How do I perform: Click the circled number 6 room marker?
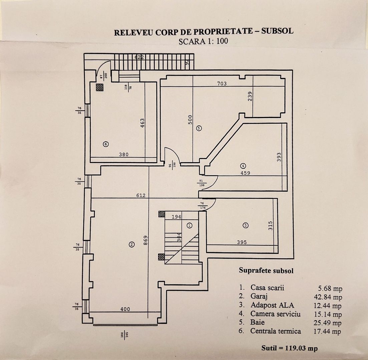click(x=105, y=144)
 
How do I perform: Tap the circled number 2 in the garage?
click(x=132, y=245)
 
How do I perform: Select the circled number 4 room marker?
click(x=243, y=165)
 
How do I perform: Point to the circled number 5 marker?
click(x=199, y=128)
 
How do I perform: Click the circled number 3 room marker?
click(x=246, y=225)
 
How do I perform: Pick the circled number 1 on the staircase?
click(x=190, y=225)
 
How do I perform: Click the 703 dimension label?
click(x=222, y=84)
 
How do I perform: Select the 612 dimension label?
click(x=141, y=195)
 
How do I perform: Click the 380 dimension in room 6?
click(x=124, y=154)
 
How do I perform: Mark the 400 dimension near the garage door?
click(x=125, y=309)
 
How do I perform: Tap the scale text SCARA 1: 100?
click(x=204, y=42)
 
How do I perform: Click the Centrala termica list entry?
click(x=276, y=331)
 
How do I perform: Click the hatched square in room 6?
click(x=100, y=87)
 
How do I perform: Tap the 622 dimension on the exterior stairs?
click(x=139, y=57)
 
